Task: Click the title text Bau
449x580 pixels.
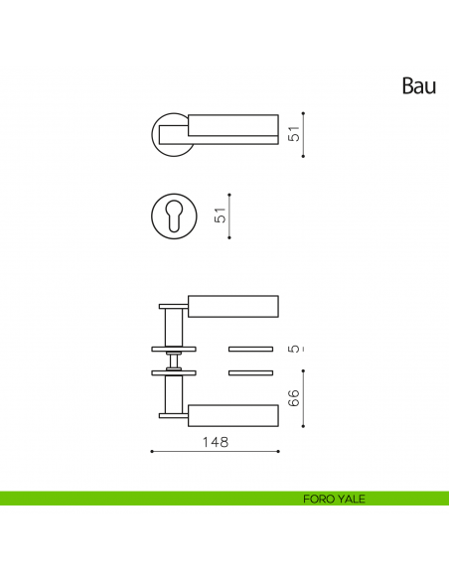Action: [419, 85]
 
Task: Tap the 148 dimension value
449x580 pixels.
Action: [216, 442]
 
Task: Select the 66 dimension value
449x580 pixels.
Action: [294, 398]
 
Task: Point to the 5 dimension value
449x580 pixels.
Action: [294, 349]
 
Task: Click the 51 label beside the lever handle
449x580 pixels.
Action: [294, 134]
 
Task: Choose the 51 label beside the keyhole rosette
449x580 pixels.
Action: [221, 216]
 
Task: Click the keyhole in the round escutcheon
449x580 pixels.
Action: [174, 217]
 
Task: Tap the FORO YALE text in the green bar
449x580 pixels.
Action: [334, 499]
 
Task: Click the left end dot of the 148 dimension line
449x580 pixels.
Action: [152, 451]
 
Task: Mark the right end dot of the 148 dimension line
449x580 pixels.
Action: [278, 451]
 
